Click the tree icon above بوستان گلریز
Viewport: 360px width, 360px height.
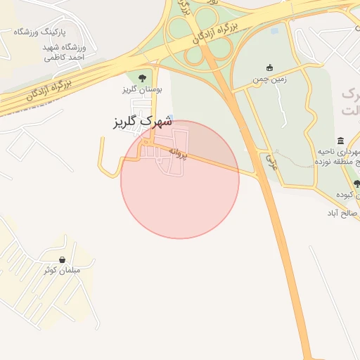(143, 77)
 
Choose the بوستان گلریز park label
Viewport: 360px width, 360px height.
(142, 90)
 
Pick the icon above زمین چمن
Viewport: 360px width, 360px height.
(269, 67)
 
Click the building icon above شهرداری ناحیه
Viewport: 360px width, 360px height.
(341, 141)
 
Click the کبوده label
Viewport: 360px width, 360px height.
(347, 195)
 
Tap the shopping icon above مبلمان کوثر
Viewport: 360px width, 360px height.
(63, 259)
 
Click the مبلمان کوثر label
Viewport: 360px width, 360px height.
(62, 271)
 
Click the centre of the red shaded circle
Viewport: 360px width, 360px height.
(180, 180)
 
